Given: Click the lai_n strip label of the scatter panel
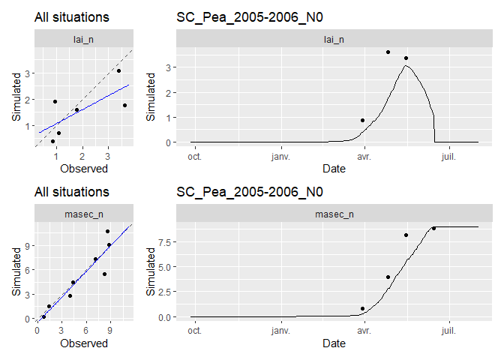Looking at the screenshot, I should pos(83,40).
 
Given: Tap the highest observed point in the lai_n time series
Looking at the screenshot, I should pos(388,52).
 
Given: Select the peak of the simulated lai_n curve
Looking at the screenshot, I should pos(405,65).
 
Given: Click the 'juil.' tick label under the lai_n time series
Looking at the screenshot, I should pos(450,156).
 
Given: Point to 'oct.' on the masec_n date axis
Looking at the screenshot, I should pos(194,331).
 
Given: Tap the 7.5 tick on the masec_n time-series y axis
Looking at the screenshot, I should pos(165,241).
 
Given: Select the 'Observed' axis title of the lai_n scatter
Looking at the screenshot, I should pos(83,169).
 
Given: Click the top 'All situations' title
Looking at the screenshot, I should pos(72,16).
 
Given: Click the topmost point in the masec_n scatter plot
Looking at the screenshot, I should pos(107,231).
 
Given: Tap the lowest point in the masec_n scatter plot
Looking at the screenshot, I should pos(43,316).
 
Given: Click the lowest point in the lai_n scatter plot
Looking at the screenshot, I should pos(52,141).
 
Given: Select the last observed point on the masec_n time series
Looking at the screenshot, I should pos(433,228).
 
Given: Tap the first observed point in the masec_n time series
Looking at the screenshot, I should pos(362,308).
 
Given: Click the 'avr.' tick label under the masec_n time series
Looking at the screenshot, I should pos(364,331).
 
